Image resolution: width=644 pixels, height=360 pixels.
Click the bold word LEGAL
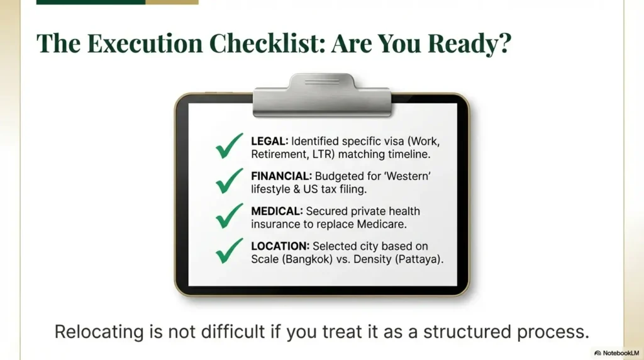tap(269, 142)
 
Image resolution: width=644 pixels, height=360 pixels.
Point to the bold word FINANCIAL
tap(281, 176)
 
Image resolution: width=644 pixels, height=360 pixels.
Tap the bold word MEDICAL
tap(277, 211)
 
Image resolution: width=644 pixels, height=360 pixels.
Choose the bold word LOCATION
tap(280, 246)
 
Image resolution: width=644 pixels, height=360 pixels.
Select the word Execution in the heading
tap(145, 43)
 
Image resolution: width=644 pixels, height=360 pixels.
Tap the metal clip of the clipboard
tap(322, 95)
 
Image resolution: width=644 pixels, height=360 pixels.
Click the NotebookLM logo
tap(616, 353)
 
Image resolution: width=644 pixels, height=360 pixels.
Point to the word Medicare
tap(382, 225)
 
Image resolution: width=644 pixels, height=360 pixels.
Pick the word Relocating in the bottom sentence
tap(99, 332)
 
